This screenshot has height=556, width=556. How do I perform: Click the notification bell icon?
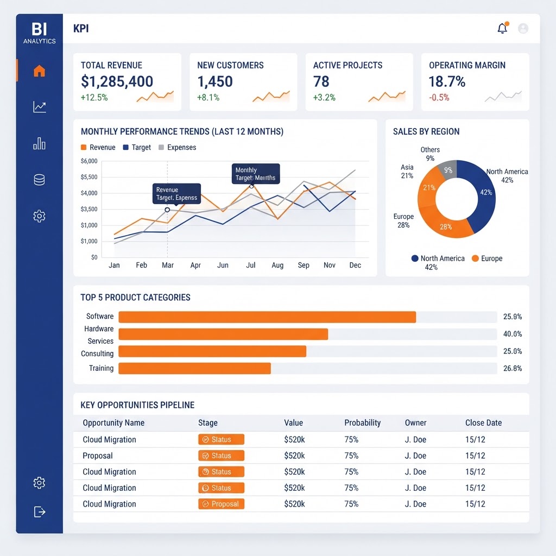coord(502,28)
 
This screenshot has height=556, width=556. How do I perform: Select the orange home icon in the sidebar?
coord(39,71)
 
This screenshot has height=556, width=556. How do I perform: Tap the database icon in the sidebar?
coord(39,180)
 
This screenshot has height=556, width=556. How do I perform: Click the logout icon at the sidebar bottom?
coord(39,511)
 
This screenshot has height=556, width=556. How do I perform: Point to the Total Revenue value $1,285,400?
coord(117,81)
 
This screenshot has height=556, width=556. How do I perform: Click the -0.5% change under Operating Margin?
coord(439,98)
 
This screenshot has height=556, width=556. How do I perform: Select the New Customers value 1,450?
coord(215,81)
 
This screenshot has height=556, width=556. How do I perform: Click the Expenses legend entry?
coord(178,147)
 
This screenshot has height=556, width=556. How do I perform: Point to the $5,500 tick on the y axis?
coord(89,177)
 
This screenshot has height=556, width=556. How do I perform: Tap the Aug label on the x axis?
coord(277,265)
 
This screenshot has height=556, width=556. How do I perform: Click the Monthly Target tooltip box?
coord(256,174)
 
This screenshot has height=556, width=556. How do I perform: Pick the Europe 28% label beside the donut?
coord(403,220)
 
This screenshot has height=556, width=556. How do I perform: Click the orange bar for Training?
coord(195,369)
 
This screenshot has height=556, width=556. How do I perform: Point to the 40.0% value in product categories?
coord(513,334)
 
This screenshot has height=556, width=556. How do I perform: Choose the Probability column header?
coord(362,422)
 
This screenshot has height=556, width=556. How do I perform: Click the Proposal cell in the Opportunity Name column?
coord(98,456)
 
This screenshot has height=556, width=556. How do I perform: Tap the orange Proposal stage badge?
coord(222,504)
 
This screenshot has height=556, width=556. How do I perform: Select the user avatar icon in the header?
coord(523,28)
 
